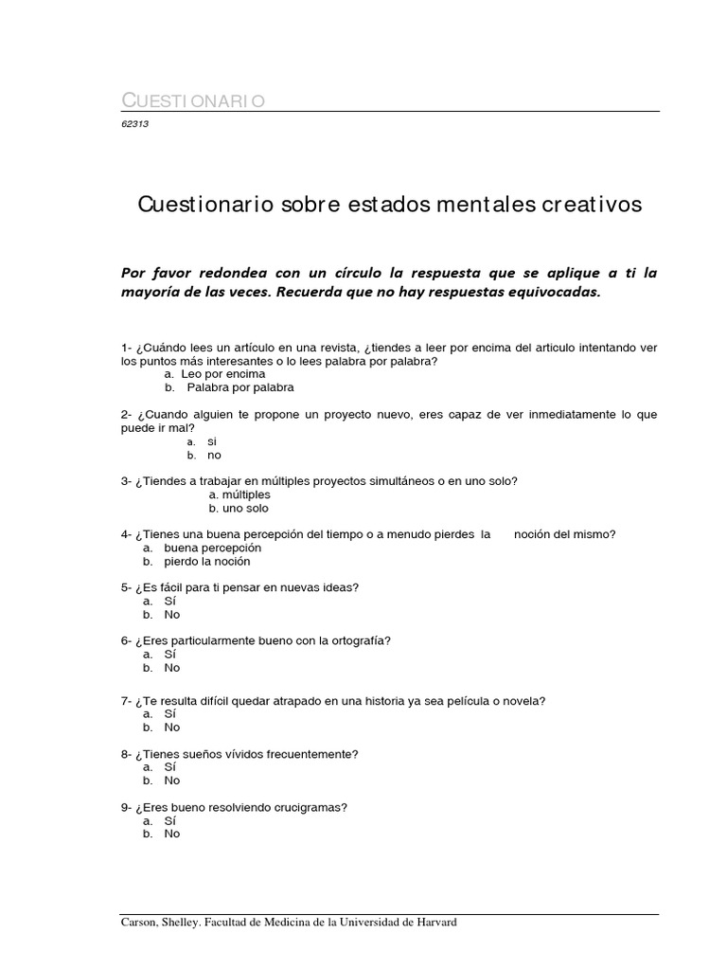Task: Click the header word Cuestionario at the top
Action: [193, 100]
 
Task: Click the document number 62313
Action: [135, 123]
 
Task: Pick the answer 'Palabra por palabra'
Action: [239, 387]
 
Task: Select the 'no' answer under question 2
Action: [214, 455]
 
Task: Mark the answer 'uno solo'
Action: [241, 508]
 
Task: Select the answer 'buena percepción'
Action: [212, 548]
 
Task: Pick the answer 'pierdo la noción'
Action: [206, 561]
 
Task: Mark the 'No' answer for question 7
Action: [171, 727]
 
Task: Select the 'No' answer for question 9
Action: [171, 834]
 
